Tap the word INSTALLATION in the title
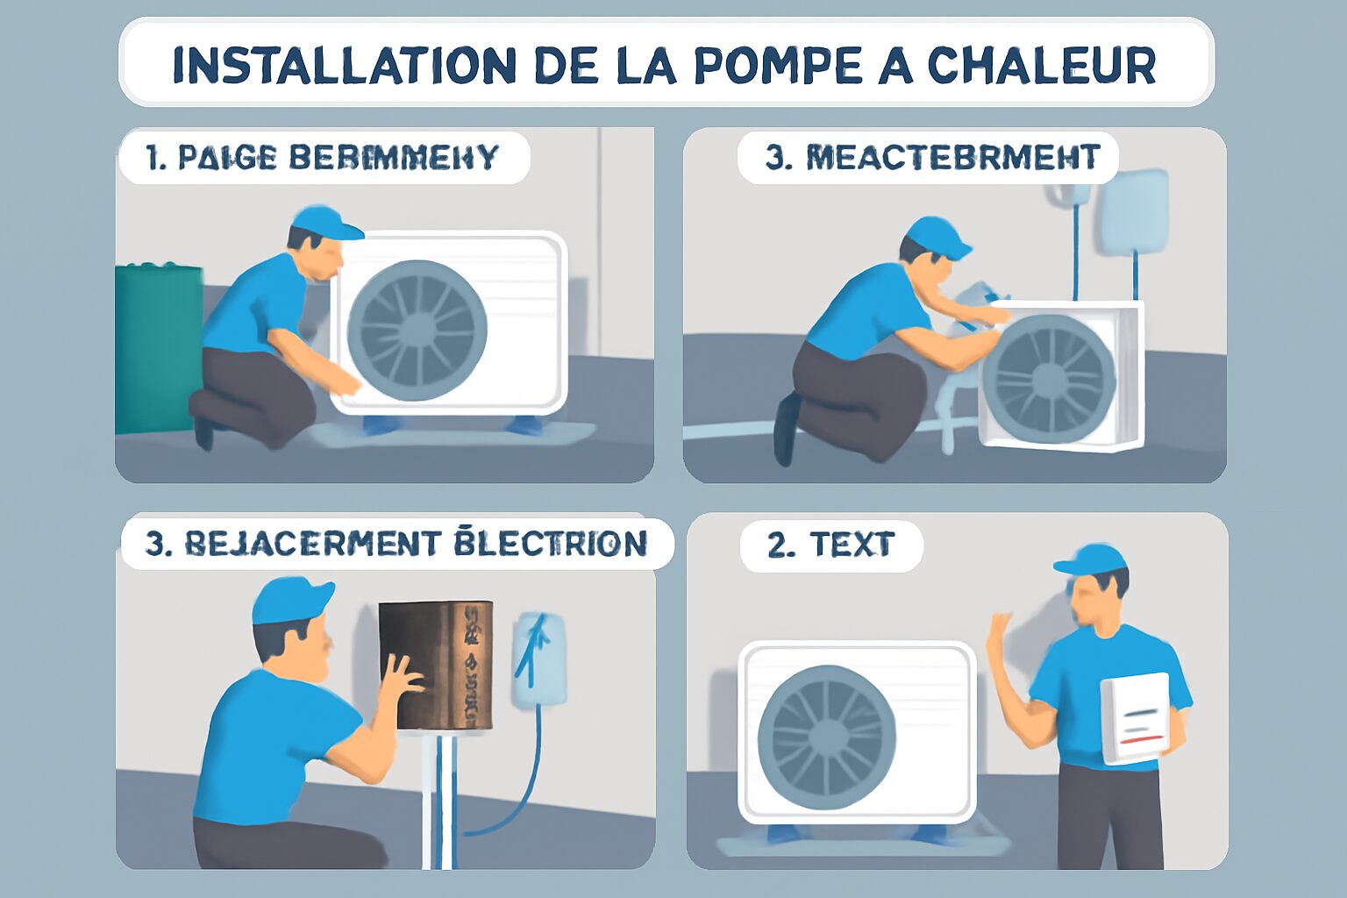(344, 65)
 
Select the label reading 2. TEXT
(830, 545)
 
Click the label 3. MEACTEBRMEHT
(931, 158)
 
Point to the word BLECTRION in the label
(551, 543)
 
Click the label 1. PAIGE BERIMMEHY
(322, 158)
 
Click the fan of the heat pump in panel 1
(417, 331)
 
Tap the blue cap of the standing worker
(1091, 559)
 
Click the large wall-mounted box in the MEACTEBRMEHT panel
(1134, 211)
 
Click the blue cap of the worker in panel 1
(325, 223)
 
